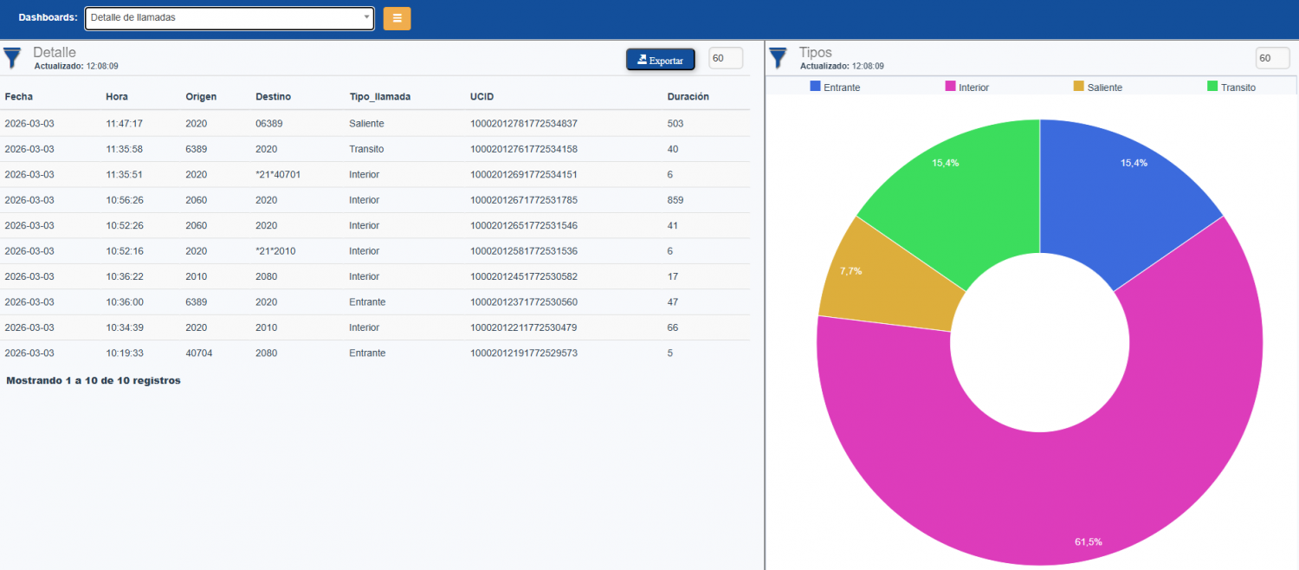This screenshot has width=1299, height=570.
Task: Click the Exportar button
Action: [x=660, y=60]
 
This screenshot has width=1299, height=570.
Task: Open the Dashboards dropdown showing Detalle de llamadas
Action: [x=229, y=18]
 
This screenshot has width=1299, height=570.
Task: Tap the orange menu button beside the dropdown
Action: [x=397, y=18]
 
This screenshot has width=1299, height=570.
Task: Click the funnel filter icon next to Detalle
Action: [x=12, y=58]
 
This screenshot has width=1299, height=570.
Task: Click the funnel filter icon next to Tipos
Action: [x=779, y=58]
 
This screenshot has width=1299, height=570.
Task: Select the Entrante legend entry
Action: [x=835, y=87]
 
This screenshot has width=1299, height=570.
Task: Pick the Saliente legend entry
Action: [x=1097, y=87]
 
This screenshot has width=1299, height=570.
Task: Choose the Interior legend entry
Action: [x=966, y=87]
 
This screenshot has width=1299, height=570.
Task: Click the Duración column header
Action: [x=688, y=97]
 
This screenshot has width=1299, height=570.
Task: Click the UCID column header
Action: [x=481, y=97]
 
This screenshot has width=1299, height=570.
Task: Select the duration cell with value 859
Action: [x=675, y=200]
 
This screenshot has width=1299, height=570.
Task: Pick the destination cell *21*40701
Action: [x=278, y=174]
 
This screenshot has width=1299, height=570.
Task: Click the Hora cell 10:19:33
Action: [x=124, y=353]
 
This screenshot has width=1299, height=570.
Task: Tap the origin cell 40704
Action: [x=198, y=353]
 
